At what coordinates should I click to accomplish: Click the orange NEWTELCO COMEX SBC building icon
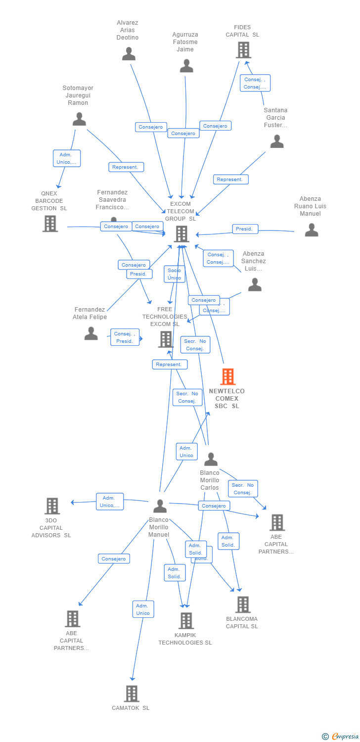(x=227, y=377)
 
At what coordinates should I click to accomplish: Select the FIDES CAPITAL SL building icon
(x=243, y=50)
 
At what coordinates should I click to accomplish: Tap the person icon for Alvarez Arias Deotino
(x=129, y=54)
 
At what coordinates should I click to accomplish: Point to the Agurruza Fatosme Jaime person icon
(x=186, y=66)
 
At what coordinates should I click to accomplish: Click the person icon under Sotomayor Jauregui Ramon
(x=79, y=119)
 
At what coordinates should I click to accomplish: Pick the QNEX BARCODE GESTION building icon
(x=50, y=224)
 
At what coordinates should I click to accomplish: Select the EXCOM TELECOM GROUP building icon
(x=181, y=233)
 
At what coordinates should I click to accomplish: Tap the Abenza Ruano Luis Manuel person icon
(x=311, y=230)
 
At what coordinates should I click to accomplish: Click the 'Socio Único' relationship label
(x=174, y=274)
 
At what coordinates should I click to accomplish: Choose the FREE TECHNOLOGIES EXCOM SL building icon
(x=166, y=339)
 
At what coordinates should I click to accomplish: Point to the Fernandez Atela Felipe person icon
(x=91, y=333)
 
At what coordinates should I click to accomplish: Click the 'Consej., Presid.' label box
(x=125, y=337)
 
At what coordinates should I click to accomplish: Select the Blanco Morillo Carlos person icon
(x=211, y=460)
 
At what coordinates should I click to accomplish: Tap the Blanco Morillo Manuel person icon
(x=160, y=506)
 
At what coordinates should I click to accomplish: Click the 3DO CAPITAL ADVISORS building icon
(x=52, y=506)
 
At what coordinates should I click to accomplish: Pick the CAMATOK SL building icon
(x=131, y=694)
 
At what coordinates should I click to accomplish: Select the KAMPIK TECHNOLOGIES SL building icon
(x=186, y=620)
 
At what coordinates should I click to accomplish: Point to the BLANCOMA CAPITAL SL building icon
(x=242, y=604)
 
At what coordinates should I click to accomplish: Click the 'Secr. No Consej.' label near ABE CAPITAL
(x=243, y=489)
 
